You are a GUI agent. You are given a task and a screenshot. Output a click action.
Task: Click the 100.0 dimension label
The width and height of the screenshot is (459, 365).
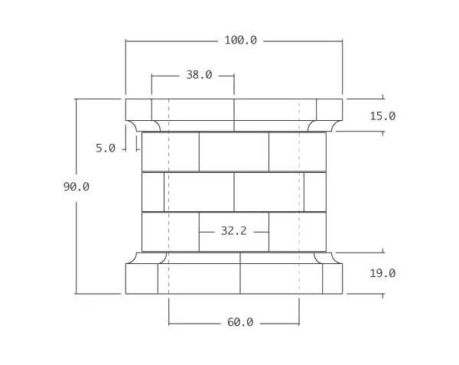[x=240, y=40]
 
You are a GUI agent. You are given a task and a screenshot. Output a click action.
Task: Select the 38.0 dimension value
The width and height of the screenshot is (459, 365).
[x=199, y=75]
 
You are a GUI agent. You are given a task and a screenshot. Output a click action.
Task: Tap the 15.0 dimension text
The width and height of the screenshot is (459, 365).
[x=382, y=116]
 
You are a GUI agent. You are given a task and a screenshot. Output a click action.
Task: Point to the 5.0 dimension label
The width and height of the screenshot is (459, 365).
[x=106, y=148]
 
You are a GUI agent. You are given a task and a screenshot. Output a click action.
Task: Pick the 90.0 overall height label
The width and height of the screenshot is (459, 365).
[x=76, y=186]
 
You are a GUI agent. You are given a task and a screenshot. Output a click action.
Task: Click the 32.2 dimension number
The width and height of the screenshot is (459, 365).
[x=233, y=230]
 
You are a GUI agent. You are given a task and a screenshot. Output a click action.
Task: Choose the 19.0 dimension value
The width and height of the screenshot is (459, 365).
[x=382, y=273]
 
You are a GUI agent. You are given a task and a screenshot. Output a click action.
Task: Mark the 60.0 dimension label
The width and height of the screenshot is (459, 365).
[x=239, y=322]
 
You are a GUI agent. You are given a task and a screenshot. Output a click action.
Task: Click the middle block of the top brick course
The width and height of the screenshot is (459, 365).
[x=233, y=152]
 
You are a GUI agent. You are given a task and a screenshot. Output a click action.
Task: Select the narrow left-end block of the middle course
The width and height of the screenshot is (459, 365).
[x=153, y=191]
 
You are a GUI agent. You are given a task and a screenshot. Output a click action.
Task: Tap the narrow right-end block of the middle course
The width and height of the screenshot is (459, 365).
[x=314, y=191]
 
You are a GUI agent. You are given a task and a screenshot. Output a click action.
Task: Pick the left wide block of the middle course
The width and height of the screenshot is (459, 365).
[x=199, y=191]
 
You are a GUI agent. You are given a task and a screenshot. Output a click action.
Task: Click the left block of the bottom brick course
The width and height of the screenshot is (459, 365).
[x=170, y=231]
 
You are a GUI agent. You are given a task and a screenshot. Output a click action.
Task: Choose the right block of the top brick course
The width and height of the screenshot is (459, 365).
[x=297, y=152]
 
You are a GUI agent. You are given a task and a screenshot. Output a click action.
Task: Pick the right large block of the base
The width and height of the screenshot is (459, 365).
[x=281, y=279]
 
